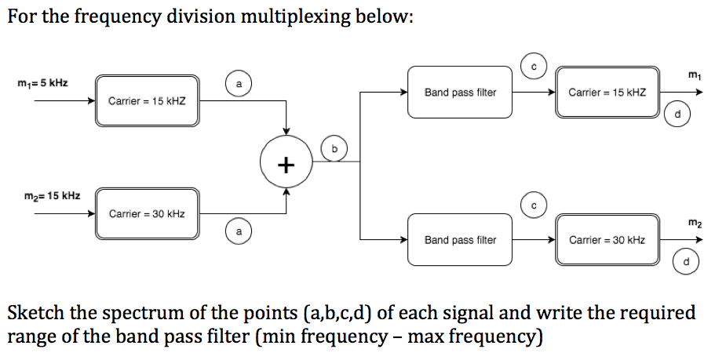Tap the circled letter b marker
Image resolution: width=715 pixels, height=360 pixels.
point(334,147)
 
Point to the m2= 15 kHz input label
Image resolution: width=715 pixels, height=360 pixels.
point(44,195)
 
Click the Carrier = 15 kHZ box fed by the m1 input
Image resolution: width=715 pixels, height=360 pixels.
point(147,101)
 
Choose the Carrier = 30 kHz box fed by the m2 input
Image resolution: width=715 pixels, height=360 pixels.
point(147,213)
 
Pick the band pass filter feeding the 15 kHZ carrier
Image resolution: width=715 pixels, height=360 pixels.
point(460,93)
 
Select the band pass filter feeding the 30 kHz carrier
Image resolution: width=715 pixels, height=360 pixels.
point(460,239)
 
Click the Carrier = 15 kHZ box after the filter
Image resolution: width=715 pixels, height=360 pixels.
point(607,93)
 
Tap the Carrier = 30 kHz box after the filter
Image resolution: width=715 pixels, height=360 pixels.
point(607,239)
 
